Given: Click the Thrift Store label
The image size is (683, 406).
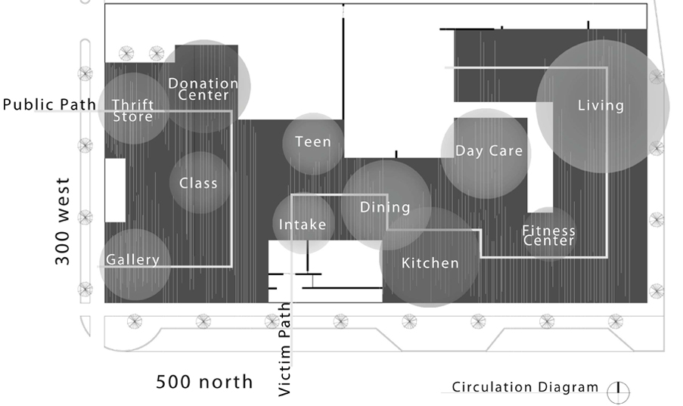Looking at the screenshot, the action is (133, 110).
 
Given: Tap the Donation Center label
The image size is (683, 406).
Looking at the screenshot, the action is (203, 89).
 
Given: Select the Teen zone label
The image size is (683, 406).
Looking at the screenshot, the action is (313, 141).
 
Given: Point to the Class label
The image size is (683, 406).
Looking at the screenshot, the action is (198, 183).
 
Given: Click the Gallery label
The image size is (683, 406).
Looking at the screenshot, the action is (133, 259).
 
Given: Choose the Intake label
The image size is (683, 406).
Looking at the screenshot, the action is (303, 225).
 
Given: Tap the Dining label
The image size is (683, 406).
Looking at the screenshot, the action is (385, 207).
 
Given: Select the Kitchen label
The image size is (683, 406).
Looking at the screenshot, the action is (430, 263).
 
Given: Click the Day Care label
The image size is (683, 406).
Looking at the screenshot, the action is (489, 150).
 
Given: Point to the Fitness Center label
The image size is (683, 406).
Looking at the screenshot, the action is (549, 235).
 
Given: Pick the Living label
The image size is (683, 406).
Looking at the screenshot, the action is (601, 105).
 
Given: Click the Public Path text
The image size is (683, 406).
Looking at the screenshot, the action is (49, 104).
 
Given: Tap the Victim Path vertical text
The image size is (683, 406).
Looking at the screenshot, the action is (284, 349).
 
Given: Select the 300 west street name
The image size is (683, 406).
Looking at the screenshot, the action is (62, 222).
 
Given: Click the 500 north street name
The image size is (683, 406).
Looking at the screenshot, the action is (204, 382).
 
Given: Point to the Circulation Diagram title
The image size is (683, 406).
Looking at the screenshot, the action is (525, 387).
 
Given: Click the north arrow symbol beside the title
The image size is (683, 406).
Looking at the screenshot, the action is (618, 392).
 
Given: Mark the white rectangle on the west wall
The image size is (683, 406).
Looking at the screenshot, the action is (116, 191).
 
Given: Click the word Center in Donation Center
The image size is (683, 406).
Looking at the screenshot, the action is (203, 95).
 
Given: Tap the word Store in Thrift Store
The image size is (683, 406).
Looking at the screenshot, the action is (133, 116).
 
